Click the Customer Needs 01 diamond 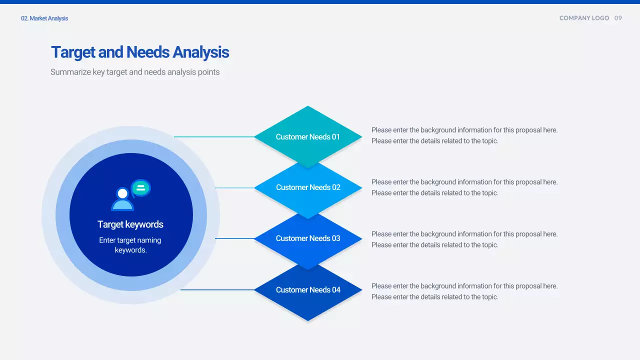[x=308, y=136]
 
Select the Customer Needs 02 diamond [x=308, y=187]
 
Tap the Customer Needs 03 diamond [x=308, y=238]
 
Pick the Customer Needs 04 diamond [x=308, y=290]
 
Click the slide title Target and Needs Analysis [x=140, y=52]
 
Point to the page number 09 [x=618, y=18]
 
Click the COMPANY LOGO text [x=584, y=18]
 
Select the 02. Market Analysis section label [x=44, y=18]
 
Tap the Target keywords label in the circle [x=130, y=224]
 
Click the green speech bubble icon [x=141, y=188]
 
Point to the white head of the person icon [x=122, y=193]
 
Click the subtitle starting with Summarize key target [x=135, y=72]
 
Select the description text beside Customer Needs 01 [x=464, y=135]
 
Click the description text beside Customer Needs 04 [x=464, y=291]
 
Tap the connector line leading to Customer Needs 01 [x=214, y=136]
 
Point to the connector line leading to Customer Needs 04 [x=217, y=289]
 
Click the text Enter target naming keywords [x=130, y=245]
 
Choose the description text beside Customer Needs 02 [x=464, y=187]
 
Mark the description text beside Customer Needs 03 [x=464, y=239]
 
